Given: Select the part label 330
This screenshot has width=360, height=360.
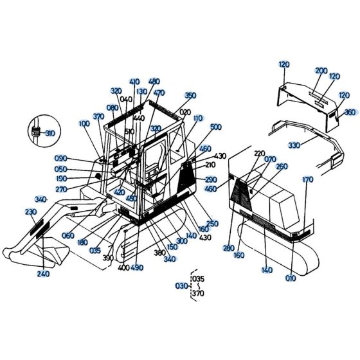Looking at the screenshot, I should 294,146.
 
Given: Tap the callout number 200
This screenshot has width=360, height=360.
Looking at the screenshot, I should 321,71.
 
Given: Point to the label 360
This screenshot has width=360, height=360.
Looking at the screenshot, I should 350,112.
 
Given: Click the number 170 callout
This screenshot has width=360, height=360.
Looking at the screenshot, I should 308,180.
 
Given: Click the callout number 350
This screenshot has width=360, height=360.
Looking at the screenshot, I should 190,96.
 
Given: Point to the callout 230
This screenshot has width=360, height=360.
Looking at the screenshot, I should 31,212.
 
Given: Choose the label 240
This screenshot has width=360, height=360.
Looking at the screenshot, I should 43,273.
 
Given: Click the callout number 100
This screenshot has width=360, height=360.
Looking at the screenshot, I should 84,123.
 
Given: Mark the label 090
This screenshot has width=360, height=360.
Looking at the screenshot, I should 61,158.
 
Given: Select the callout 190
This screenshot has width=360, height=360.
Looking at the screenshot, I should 61,179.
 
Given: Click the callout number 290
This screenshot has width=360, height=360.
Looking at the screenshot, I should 211,179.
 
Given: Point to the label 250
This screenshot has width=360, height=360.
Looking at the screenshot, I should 213,223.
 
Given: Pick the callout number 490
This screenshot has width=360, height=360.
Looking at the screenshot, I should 137,267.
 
